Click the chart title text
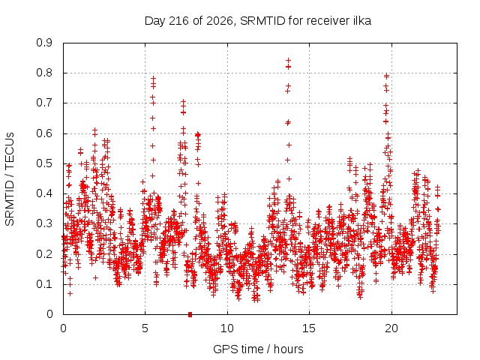(x=258, y=21)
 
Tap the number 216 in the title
(x=179, y=21)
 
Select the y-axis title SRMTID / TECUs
(x=10, y=179)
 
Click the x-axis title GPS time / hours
(x=258, y=349)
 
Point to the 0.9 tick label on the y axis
(x=44, y=43)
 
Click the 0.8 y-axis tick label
(x=44, y=73)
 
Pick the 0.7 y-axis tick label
(x=44, y=103)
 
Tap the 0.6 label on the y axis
(x=44, y=133)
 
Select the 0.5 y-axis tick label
(x=44, y=163)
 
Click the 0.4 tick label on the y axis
(x=44, y=193)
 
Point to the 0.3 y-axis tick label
(x=44, y=223)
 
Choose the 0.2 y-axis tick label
(x=44, y=254)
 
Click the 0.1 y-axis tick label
(x=44, y=284)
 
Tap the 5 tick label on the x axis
(x=145, y=328)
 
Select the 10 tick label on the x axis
(x=227, y=328)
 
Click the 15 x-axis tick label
(x=309, y=328)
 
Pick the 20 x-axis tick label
(x=391, y=328)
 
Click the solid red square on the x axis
(x=190, y=314)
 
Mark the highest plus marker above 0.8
(x=288, y=60)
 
